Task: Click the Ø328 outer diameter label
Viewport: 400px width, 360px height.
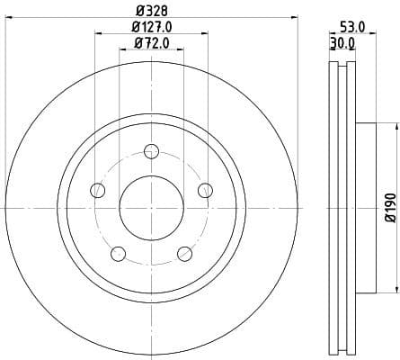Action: click(151, 10)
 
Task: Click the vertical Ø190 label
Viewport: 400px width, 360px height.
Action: click(389, 208)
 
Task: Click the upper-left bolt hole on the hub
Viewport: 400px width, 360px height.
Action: click(97, 189)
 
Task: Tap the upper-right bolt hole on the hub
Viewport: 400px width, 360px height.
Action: click(205, 189)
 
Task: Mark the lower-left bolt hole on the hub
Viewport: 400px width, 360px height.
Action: click(118, 253)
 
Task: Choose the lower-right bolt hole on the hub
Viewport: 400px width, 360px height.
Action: click(184, 253)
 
